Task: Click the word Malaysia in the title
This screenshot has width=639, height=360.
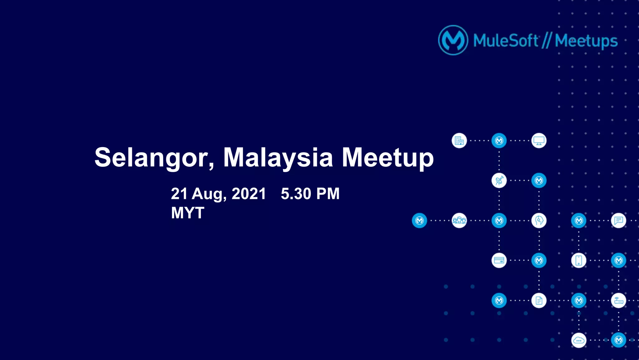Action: point(278,158)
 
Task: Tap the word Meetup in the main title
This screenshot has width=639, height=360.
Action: point(388,158)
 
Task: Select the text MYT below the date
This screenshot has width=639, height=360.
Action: point(188,213)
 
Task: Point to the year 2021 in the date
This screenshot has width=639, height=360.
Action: point(249,194)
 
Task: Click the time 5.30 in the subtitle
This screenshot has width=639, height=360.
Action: point(296,194)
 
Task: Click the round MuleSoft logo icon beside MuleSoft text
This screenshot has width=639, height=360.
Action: point(453,40)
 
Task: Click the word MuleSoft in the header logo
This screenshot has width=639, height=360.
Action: point(505,41)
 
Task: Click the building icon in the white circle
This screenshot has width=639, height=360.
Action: point(459,141)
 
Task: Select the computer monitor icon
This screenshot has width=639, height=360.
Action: point(539,141)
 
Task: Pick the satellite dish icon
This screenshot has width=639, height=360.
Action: point(499,180)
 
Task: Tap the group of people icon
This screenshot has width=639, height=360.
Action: point(459,220)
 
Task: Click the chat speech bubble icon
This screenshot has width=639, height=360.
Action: point(618,220)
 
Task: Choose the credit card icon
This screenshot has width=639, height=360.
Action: point(499,260)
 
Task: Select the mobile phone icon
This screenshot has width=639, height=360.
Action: point(578,260)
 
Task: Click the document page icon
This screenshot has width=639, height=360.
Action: point(539,300)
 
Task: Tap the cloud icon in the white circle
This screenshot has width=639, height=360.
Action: point(578,340)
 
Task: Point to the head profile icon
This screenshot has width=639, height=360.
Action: point(539,220)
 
